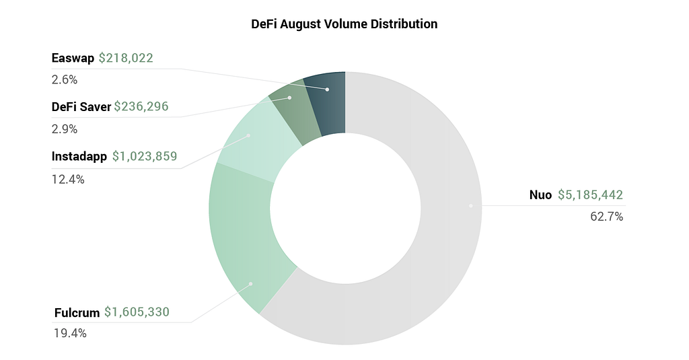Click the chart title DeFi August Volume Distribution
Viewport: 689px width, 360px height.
[x=344, y=24]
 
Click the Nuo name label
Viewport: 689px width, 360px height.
[x=540, y=196]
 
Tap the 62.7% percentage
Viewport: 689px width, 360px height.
[x=608, y=217]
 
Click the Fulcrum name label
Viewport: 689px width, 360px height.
[x=76, y=312]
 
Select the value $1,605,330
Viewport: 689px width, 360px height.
[x=137, y=312]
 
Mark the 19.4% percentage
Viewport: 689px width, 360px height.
[x=70, y=333]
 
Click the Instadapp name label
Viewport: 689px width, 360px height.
[x=79, y=157]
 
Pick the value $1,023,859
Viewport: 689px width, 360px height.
[x=144, y=157]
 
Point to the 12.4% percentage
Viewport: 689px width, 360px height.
[x=68, y=179]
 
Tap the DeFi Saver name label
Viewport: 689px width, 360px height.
[x=81, y=106]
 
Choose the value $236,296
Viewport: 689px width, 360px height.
[x=141, y=106]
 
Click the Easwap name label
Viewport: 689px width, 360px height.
[x=73, y=58]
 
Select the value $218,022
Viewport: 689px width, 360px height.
[x=126, y=58]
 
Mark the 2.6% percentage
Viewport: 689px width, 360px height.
[x=65, y=79]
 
